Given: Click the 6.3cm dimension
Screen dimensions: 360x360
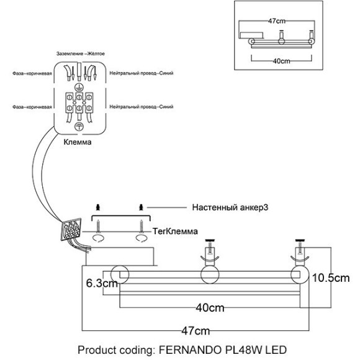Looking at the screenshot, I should (101, 283).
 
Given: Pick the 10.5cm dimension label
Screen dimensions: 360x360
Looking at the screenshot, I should (330, 277).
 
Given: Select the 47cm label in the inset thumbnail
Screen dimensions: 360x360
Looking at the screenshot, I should (276, 20).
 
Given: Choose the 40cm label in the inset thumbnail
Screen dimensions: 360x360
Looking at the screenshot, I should (281, 61).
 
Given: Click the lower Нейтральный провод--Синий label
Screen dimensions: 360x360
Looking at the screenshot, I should (140, 107).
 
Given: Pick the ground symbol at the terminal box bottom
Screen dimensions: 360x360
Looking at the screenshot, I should (79, 126).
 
